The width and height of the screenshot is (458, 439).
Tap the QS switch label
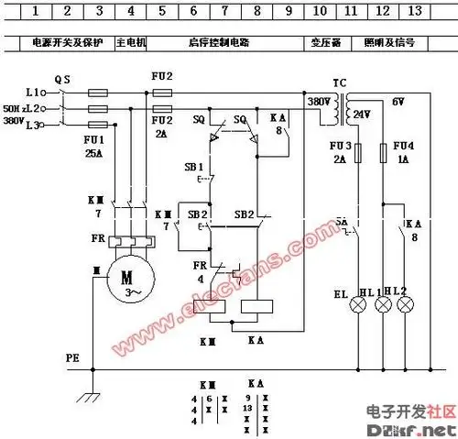click(62, 80)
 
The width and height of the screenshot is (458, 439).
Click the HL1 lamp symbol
click(383, 306)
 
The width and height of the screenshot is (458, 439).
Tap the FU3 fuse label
click(338, 146)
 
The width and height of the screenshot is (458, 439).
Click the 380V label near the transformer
click(318, 101)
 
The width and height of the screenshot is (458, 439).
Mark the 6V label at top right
click(399, 101)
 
